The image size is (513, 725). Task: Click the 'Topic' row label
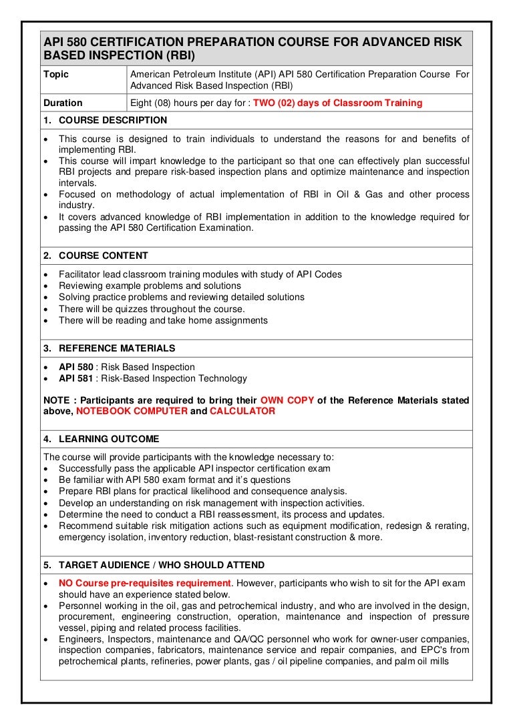point(55,75)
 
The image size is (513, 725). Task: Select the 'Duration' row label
point(63,103)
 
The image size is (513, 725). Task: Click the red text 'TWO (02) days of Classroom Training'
point(337,103)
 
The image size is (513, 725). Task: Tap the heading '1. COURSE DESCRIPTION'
point(105,121)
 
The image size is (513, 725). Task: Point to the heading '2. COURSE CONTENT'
point(96,255)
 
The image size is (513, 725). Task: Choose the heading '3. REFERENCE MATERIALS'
point(109,348)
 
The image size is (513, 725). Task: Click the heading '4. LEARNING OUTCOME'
point(101,439)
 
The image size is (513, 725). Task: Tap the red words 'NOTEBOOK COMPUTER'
point(132,412)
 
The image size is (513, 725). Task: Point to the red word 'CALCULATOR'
point(242,412)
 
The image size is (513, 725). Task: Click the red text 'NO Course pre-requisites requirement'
point(144,583)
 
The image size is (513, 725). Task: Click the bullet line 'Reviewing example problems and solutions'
point(150,285)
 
